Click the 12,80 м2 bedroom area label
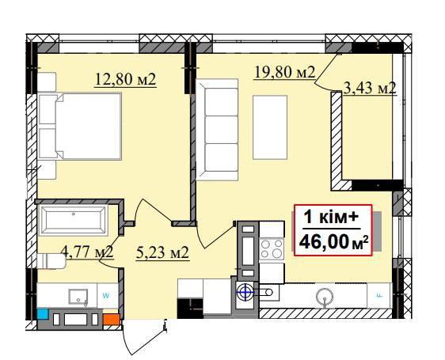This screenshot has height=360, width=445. pyautogui.click(x=125, y=79)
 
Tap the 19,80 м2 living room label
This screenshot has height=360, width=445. pyautogui.click(x=284, y=72)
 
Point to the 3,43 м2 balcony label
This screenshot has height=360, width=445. pyautogui.click(x=370, y=88)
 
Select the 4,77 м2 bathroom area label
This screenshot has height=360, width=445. pyautogui.click(x=87, y=252)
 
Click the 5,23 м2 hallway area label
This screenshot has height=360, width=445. pyautogui.click(x=162, y=252)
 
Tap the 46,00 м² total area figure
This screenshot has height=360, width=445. pyautogui.click(x=334, y=242)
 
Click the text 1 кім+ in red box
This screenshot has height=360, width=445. pyautogui.click(x=332, y=218)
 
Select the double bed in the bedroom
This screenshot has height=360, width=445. pyautogui.click(x=80, y=126)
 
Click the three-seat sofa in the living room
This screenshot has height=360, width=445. pyautogui.click(x=217, y=130)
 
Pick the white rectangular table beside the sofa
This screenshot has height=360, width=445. pyautogui.click(x=270, y=127)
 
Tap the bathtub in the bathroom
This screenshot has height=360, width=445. pyautogui.click(x=73, y=221)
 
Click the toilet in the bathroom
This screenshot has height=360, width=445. pyautogui.click(x=51, y=261)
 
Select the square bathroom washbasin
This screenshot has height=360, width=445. pyautogui.click(x=78, y=297)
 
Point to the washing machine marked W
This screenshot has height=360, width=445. pyautogui.click(x=107, y=296)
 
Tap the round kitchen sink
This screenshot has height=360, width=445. pyautogui.click(x=325, y=296)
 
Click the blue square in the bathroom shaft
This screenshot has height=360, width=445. pyautogui.click(x=43, y=314)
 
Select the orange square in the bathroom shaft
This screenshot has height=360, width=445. pyautogui.click(x=112, y=320)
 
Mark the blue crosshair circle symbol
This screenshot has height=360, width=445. pyautogui.click(x=245, y=292)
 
